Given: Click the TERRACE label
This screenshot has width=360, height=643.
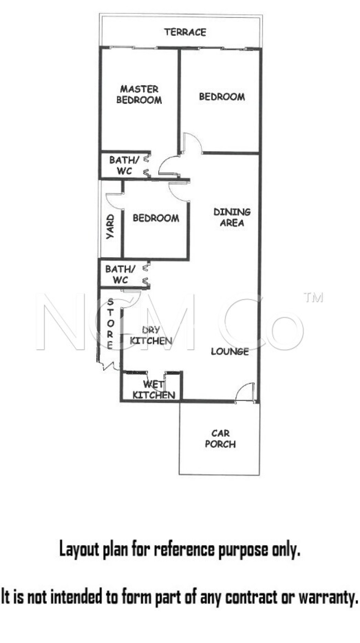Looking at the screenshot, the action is pos(185,32).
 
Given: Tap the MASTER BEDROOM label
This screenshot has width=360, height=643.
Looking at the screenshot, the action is pos(139,95).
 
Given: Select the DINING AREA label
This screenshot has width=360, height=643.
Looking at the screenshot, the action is pos(232,217).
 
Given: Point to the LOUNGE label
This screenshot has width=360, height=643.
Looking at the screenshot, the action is pos(230,351).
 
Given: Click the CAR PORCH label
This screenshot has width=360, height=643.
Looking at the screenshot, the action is pos(220,439).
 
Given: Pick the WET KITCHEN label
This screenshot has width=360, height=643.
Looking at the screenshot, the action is pos(154,390).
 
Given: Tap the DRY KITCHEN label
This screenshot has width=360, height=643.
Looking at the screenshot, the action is pos(151,335).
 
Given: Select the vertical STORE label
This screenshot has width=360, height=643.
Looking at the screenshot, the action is pos(110,324).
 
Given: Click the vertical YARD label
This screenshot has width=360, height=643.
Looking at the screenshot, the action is pos(110,227).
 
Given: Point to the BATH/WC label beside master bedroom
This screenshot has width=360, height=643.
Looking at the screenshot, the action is pos(124,165).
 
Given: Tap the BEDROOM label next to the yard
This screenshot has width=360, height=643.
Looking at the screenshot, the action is pos(156,218).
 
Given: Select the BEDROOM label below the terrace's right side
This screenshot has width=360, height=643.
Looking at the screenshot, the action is pos(222,96).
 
